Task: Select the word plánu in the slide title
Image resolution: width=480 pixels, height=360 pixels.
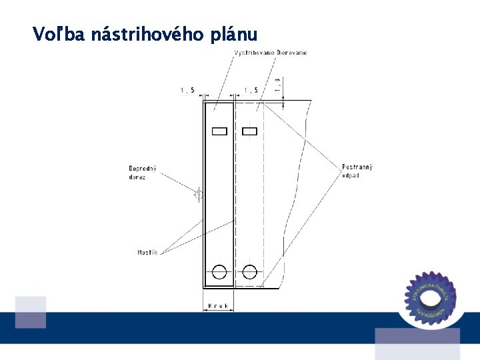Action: point(233,35)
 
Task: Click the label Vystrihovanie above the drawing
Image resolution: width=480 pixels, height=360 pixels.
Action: point(255,53)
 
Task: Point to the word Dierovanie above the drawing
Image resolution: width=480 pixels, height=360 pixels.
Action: point(292,53)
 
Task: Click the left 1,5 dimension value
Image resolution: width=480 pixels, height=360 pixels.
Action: point(187,90)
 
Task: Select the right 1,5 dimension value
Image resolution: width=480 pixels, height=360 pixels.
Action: point(251,90)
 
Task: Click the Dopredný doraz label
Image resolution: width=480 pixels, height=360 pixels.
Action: point(142,172)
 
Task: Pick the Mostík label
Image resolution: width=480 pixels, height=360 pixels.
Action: point(147,252)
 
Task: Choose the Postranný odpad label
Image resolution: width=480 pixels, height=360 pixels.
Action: point(357,171)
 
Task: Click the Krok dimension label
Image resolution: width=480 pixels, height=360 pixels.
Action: point(218,306)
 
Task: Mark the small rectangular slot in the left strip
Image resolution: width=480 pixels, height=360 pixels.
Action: point(219,131)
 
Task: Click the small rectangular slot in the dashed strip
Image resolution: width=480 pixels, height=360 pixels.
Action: point(249,131)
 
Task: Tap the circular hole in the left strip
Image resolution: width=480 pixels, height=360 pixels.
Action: point(219,271)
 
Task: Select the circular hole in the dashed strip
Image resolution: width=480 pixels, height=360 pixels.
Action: point(250,271)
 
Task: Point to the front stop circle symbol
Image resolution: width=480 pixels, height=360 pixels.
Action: point(198,194)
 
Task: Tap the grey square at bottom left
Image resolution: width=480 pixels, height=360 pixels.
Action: point(31,312)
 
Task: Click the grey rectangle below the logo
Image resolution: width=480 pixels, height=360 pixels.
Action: point(417,343)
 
